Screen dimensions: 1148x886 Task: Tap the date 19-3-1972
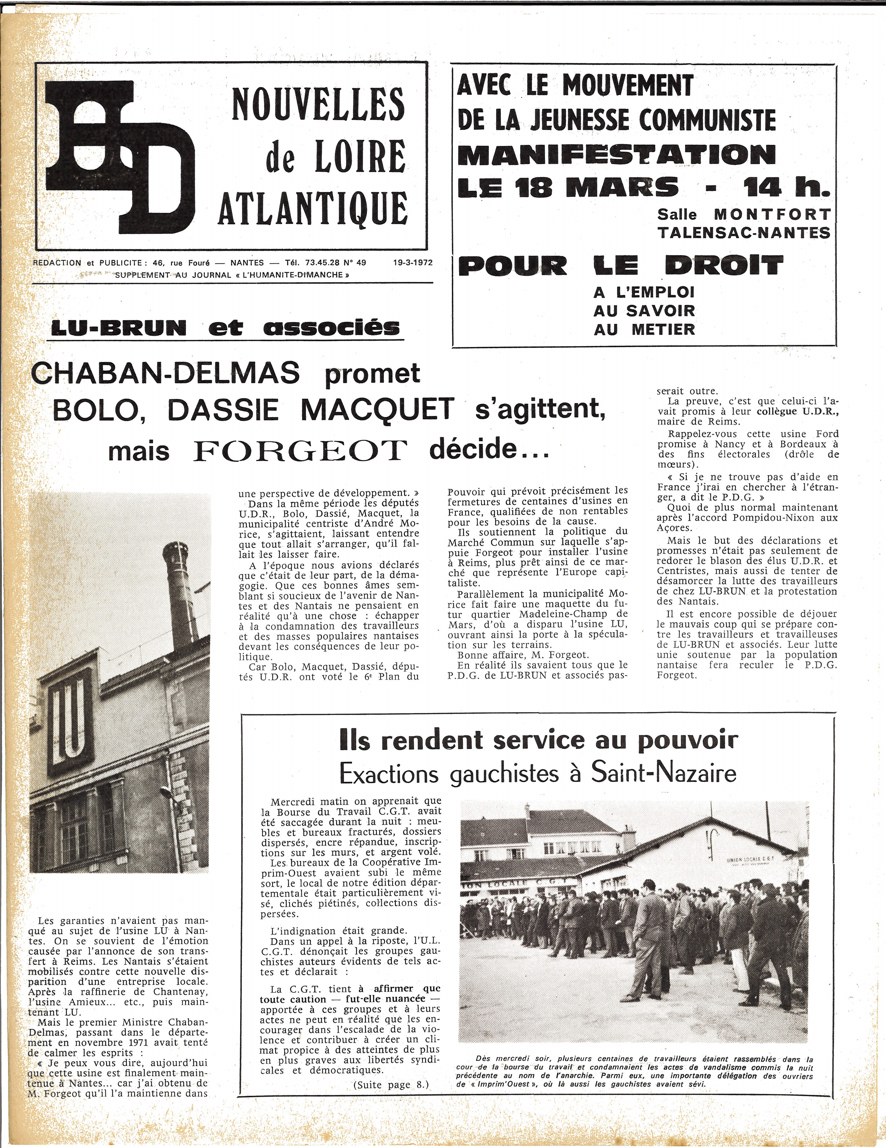pos(412,262)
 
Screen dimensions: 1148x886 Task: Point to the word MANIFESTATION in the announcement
pos(617,154)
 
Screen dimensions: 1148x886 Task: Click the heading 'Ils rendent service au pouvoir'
pos(539,740)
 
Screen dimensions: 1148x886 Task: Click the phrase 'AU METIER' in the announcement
pos(644,330)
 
